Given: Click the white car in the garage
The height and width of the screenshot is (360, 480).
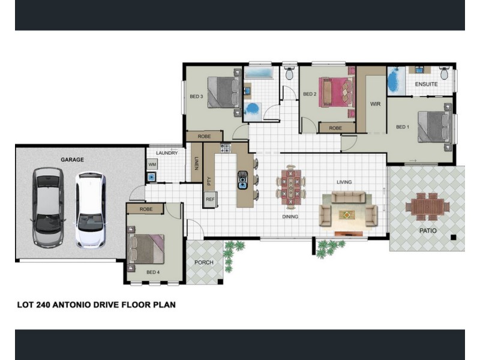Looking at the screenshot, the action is coord(91,210).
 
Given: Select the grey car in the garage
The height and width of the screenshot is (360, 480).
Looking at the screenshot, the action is coord(48,207).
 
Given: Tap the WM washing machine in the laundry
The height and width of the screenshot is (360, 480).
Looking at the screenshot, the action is coord(152,164).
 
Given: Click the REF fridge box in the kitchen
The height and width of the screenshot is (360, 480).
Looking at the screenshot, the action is coord(211,199).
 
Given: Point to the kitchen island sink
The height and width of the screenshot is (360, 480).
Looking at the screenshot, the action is coord(243,179).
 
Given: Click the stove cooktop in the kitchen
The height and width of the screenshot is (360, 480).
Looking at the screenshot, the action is coord(226,148).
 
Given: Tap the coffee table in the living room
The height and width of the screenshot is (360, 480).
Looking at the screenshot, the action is coord(347,215).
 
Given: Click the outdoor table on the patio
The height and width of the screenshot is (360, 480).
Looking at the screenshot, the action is coord(428,207).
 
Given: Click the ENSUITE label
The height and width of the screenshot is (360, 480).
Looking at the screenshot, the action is coord(426,84).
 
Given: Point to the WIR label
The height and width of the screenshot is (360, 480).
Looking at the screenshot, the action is coord(376,104).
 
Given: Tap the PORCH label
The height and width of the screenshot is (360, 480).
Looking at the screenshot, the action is coord(204,262).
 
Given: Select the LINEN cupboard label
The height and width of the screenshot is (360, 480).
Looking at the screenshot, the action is coord(197,163).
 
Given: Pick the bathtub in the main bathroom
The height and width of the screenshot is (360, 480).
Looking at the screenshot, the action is coord(259,73).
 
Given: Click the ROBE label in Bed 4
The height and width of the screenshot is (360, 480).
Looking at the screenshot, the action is coord(146,209).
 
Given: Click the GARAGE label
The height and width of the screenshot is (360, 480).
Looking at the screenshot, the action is coord(72,160).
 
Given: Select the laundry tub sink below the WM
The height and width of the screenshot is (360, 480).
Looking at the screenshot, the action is coord(152,177).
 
